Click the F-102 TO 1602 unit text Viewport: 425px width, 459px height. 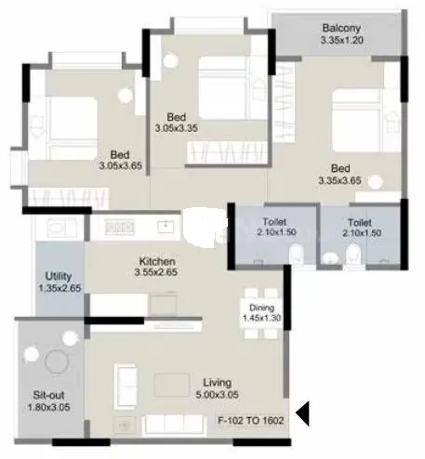[250, 420]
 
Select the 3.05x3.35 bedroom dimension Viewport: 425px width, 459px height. [177, 127]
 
